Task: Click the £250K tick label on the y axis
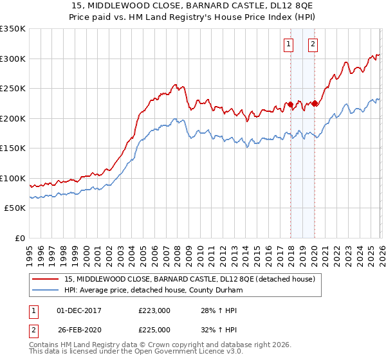coord(13,89)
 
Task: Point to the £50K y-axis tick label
coord(15,208)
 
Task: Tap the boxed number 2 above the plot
coord(313,44)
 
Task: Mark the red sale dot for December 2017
coord(290,104)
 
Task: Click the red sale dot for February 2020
coord(315,103)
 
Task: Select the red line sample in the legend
coord(46,279)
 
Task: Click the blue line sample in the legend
coord(46,290)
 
